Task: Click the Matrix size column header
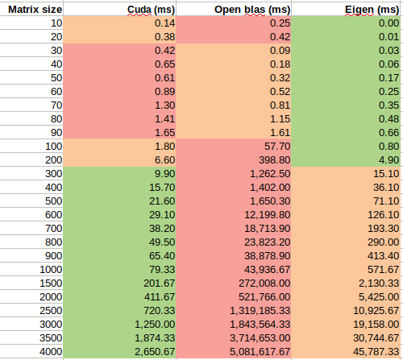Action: coord(35,10)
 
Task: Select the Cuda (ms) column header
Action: coord(151,10)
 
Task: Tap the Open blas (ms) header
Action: coord(252,10)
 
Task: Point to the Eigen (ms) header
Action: coord(372,10)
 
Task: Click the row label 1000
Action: coord(51,270)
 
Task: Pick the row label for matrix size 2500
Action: coord(51,311)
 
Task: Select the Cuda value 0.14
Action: coord(164,23)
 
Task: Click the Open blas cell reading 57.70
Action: coord(277,147)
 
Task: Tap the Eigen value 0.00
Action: coord(388,23)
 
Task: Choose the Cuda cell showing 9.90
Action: coord(164,174)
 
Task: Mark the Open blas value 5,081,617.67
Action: coord(260,352)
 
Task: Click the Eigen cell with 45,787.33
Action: coord(376,352)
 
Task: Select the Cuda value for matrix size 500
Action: coord(162,201)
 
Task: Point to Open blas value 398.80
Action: coord(275,160)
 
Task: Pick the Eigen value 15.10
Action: coord(386,174)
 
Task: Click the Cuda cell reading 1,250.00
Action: coord(155,325)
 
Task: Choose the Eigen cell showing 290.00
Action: coord(384,242)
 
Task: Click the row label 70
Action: coord(56,106)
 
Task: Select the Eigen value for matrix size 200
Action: coord(388,160)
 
